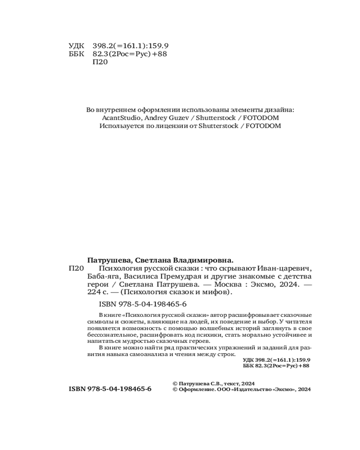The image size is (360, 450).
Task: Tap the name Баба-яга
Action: (100, 276)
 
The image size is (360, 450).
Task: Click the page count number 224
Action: (93, 292)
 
